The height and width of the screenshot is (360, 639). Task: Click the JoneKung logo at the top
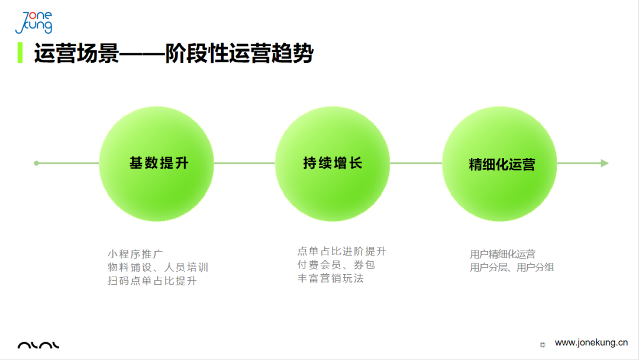34,22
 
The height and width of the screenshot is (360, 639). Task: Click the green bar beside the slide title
20,53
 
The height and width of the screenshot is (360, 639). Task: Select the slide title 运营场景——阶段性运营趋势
173,53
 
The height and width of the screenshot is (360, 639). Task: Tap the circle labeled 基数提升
156,163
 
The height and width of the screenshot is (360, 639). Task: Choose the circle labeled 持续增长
333,163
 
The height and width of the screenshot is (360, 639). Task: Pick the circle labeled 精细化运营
499,163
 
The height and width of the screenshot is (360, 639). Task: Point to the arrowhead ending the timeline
605,163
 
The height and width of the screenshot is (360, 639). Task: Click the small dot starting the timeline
37,163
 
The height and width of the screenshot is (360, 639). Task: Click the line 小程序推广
135,255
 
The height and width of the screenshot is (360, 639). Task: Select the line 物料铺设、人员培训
158,268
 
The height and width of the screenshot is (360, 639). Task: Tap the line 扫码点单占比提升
152,281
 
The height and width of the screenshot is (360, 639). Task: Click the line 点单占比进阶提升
341,252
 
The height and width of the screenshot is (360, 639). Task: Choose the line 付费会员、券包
336,265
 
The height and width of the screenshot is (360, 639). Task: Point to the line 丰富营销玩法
330,278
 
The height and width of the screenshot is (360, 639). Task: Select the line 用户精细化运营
502,255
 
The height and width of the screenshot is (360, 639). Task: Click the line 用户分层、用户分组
512,268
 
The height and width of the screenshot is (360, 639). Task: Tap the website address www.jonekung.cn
591,342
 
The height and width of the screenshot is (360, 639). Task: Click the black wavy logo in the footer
38,345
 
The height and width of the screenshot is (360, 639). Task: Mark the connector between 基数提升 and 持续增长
244,163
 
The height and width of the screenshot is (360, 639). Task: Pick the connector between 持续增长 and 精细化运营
416,163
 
